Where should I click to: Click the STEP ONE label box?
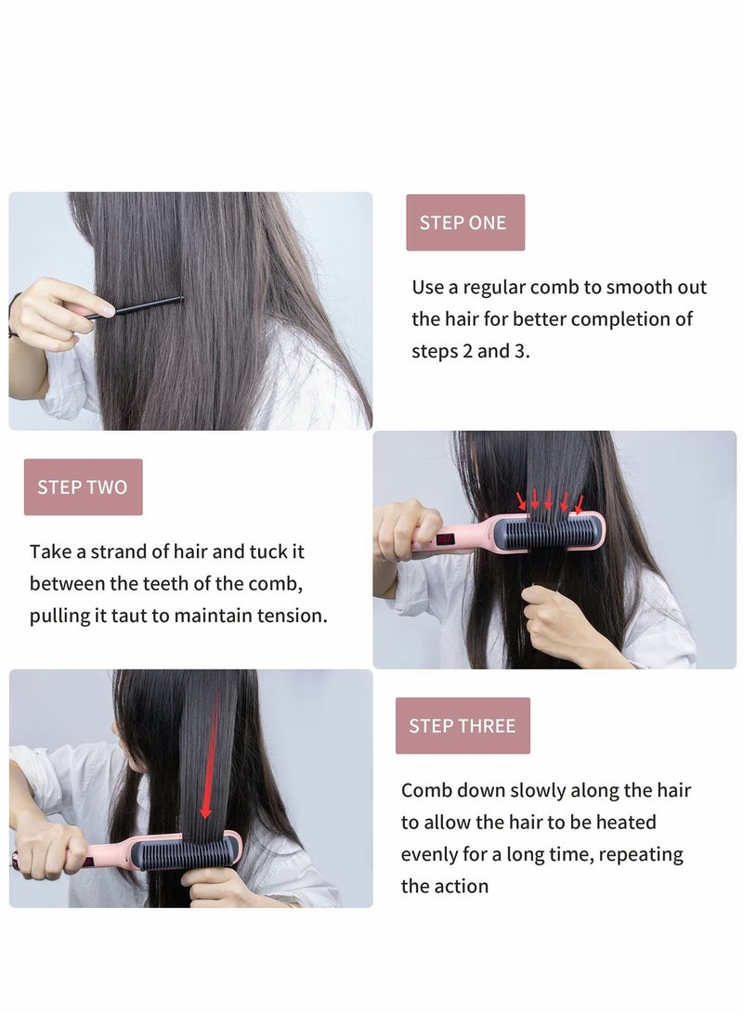[464, 223]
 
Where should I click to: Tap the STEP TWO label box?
[83, 487]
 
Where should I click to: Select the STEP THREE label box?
[462, 726]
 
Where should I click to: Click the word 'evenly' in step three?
[433, 854]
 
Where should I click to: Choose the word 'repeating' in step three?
[640, 854]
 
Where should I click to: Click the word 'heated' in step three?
[623, 823]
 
